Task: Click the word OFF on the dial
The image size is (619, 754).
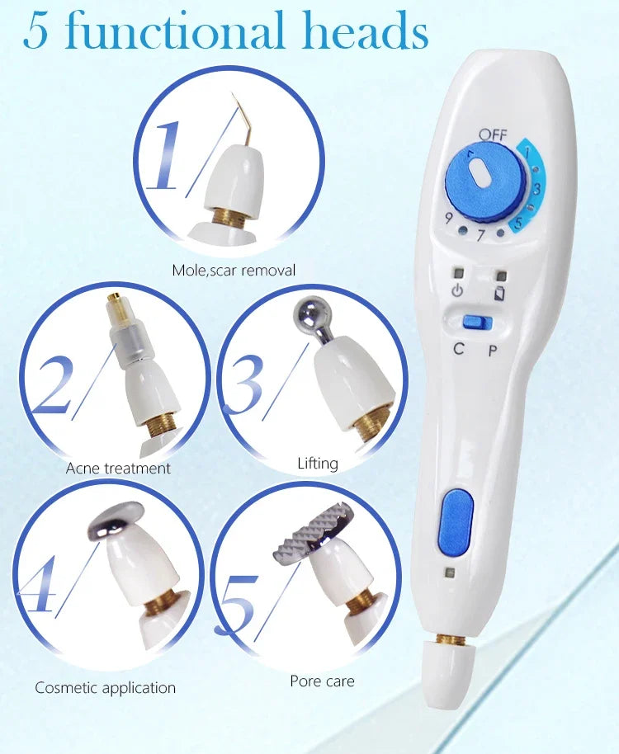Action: pos(493,135)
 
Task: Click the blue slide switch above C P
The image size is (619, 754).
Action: pos(472,322)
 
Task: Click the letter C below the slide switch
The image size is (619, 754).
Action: pos(459,348)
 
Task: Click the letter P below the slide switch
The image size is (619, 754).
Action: pos(493,350)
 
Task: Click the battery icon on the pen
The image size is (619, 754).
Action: pos(499,291)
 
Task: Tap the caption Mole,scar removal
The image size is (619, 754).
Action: pos(234,270)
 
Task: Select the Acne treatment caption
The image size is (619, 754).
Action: pos(118,468)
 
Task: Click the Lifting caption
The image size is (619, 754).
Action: pos(318,463)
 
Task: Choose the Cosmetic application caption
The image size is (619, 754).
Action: pos(105,686)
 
